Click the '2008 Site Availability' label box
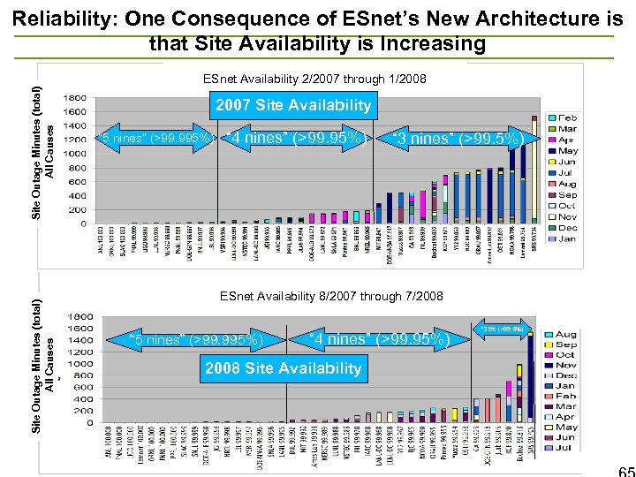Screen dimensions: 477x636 [283, 368]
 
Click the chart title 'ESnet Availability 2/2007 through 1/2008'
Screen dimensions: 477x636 [314, 79]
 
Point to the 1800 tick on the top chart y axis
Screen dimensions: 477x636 [75, 97]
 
